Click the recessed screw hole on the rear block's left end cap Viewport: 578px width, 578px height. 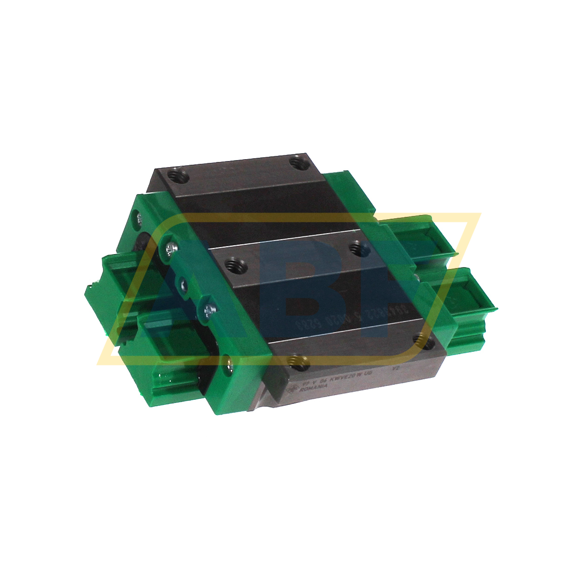[138, 217]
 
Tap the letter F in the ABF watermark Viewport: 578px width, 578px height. [400, 289]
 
